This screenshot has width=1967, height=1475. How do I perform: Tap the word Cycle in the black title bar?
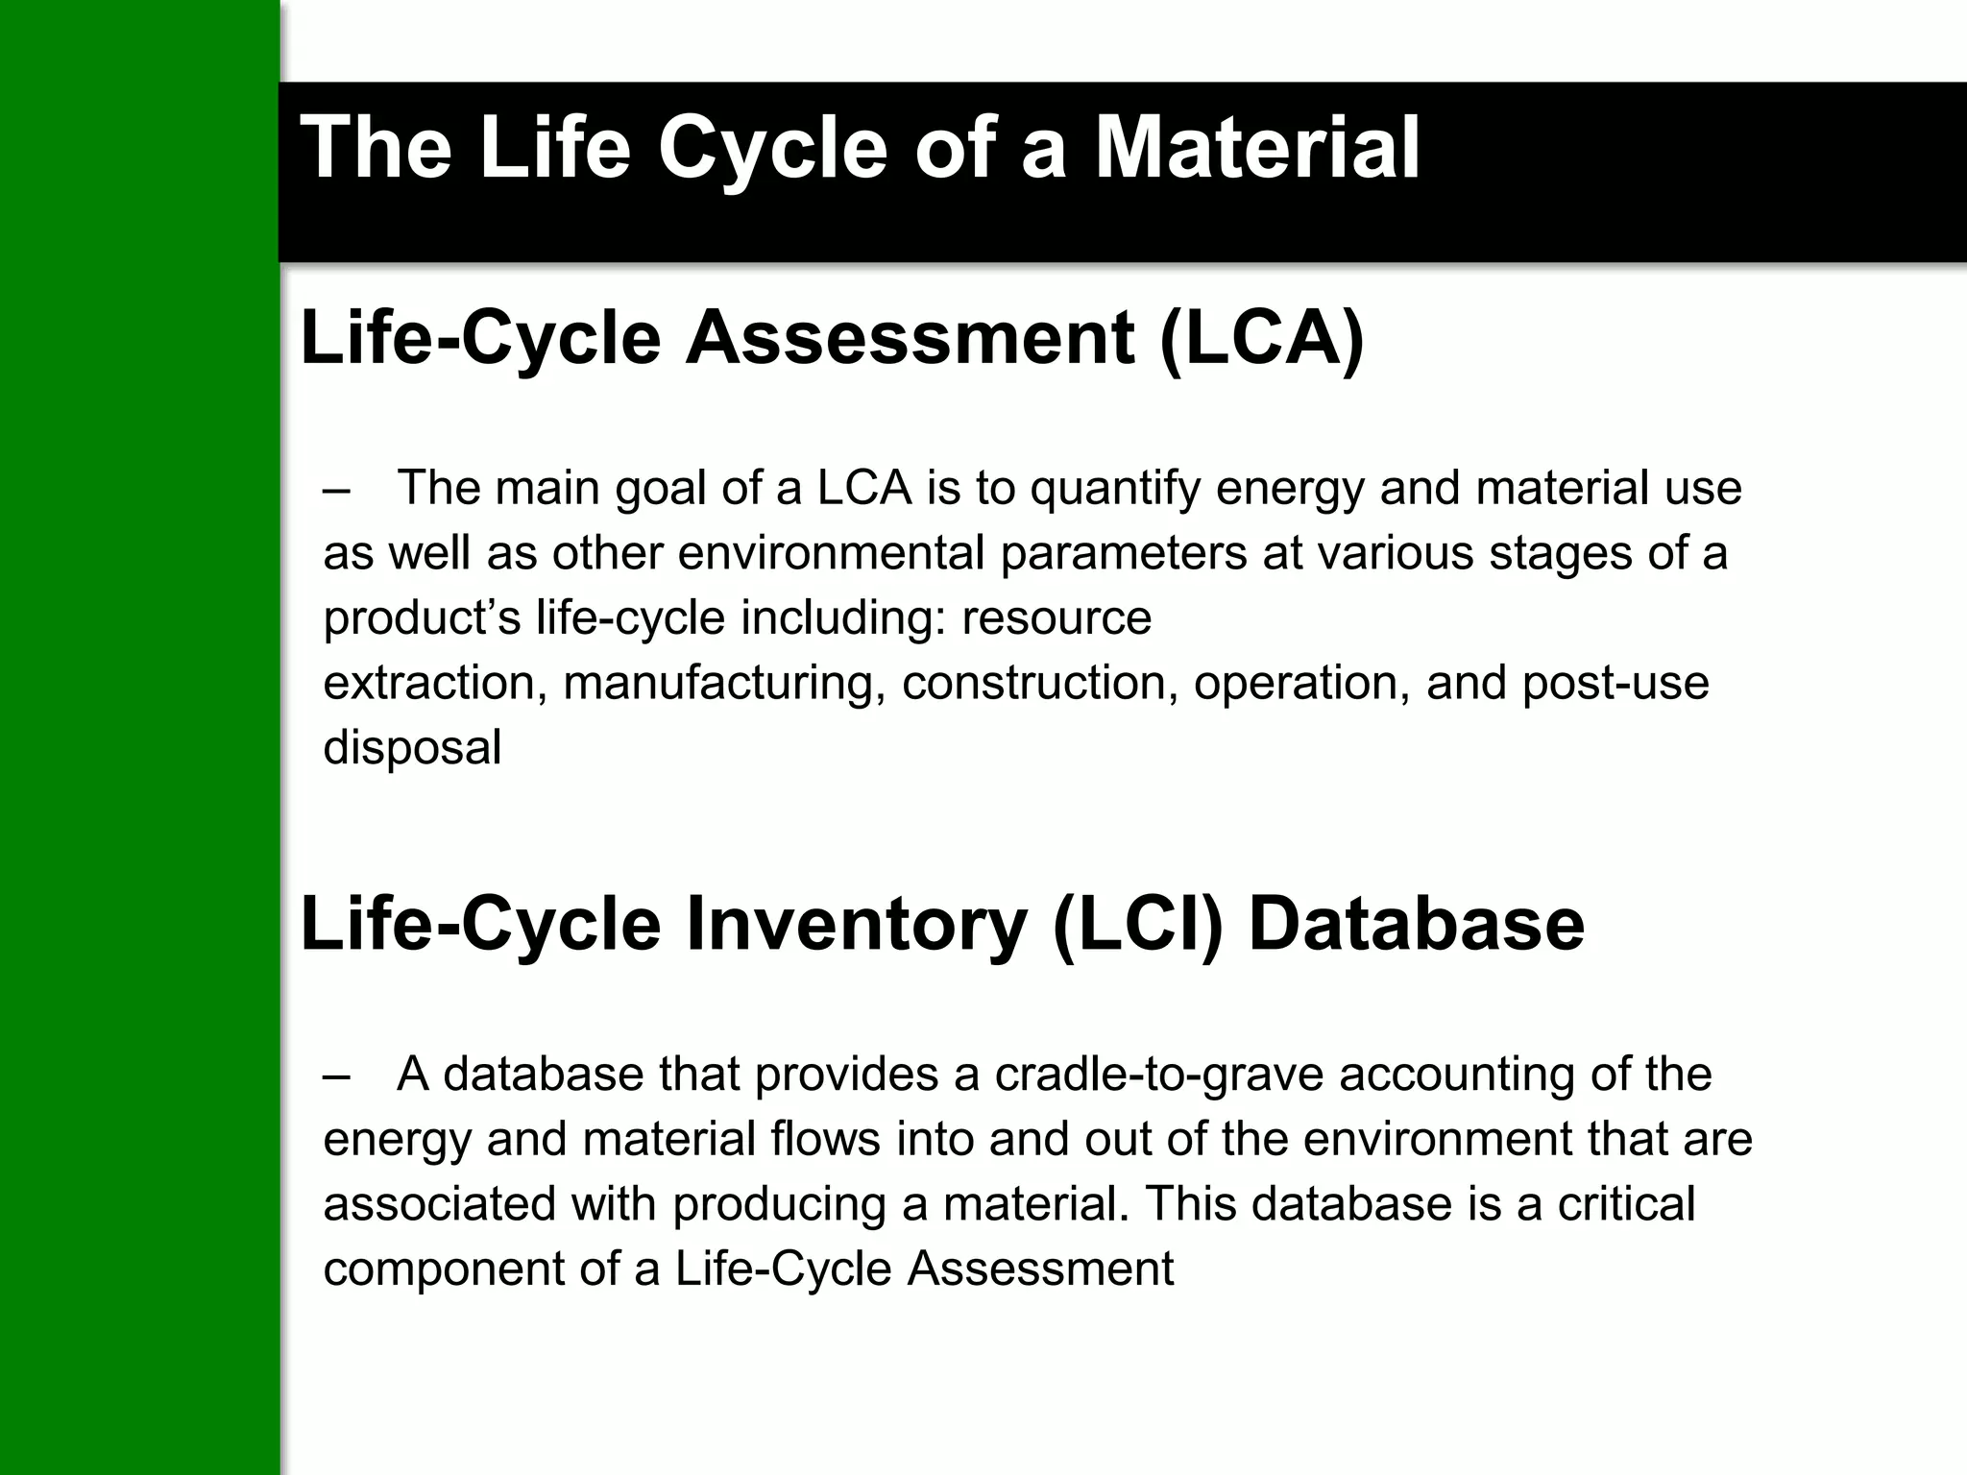772,149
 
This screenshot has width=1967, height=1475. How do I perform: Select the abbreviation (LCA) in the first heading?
1261,338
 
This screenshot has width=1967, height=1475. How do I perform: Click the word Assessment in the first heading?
910,338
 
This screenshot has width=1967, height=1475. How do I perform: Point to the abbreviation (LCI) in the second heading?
1138,924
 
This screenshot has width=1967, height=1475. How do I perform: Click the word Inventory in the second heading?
855,924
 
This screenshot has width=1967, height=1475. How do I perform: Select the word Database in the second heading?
1416,924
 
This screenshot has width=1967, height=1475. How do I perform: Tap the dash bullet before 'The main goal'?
337,489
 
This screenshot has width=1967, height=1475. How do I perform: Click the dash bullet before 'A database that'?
337,1075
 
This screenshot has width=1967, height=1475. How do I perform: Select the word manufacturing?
724,684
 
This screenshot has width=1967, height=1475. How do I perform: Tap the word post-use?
1615,684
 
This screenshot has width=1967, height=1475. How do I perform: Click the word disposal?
412,748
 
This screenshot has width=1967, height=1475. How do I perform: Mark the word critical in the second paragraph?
1626,1204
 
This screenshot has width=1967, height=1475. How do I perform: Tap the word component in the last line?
444,1269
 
